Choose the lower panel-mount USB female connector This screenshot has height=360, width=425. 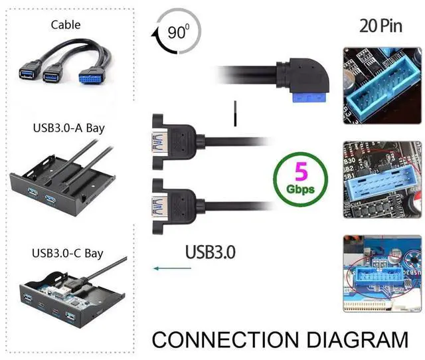[170, 201]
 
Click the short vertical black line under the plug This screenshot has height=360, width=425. [234, 113]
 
